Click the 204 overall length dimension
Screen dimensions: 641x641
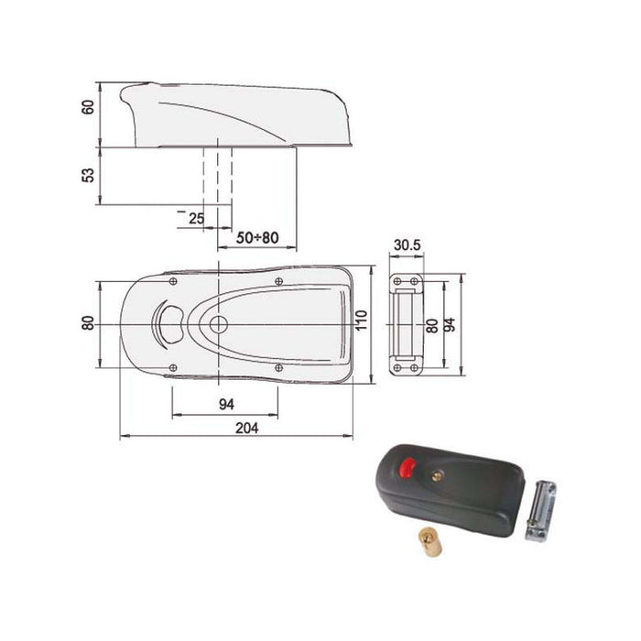pos(246,428)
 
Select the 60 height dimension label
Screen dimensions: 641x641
pos(89,106)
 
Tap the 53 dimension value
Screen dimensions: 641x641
pos(89,174)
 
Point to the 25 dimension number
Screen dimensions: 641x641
pos(196,218)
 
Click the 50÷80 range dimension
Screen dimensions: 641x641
pos(257,237)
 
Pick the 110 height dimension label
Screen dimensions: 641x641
pos(362,322)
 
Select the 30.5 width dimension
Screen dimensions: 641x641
pos(406,245)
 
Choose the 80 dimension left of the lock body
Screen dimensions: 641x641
pos(88,323)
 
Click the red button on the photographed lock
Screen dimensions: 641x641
pos(407,469)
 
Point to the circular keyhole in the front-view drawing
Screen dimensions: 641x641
pos(218,325)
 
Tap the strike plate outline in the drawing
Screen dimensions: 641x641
pos(404,325)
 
